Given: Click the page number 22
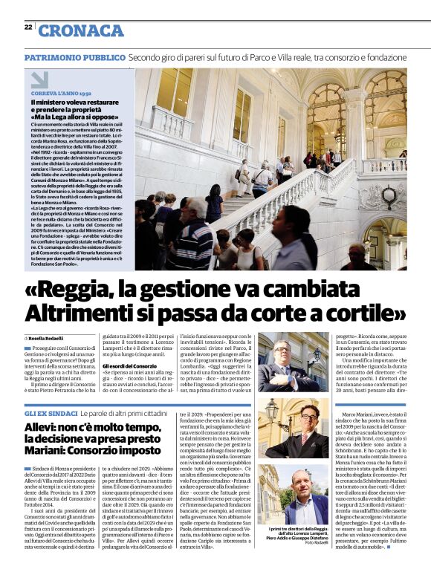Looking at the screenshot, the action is click(x=27, y=27).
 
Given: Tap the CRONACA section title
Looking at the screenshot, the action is click(x=81, y=30).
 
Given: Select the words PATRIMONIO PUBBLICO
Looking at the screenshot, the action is click(x=74, y=58).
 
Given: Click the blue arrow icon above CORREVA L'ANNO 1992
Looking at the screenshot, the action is click(x=39, y=79).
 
